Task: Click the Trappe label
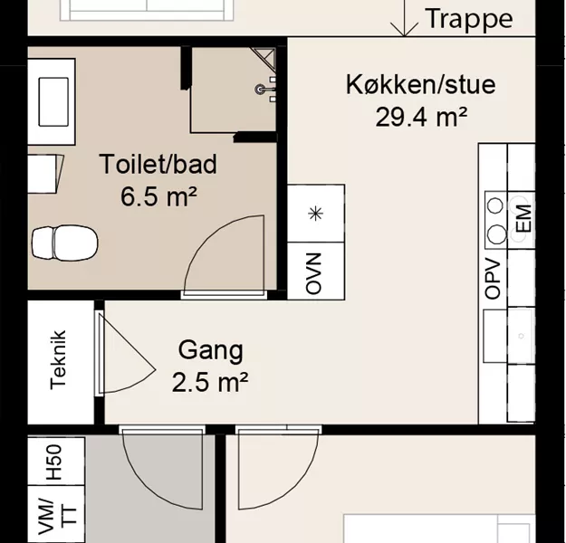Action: pos(469,20)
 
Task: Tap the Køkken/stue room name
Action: pos(421,85)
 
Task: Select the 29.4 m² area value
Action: pos(421,117)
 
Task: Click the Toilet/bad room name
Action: pos(158,164)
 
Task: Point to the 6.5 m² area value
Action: pos(158,196)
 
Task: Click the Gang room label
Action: pos(211,351)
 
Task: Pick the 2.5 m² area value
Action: pos(210,382)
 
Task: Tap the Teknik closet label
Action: pos(58,359)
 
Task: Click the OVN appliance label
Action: pos(313,273)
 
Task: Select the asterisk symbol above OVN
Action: pos(316,214)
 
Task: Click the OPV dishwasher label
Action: pos(493,279)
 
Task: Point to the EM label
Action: pos(524,218)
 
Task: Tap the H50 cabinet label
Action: pos(54,462)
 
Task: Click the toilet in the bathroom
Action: pos(65,243)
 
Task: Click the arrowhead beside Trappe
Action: pos(404,29)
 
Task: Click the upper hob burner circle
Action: pos(494,205)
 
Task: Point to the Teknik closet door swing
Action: pos(127,353)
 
